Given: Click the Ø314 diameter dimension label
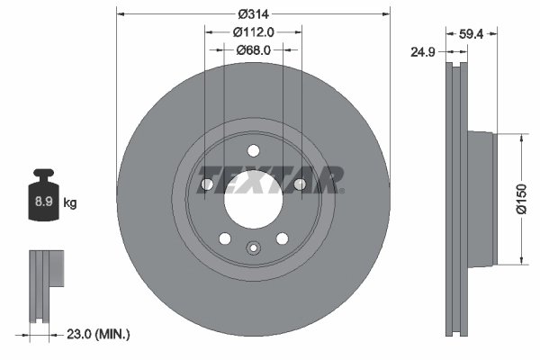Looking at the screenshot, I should (253, 14).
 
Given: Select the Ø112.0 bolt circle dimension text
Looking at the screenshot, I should (253, 31).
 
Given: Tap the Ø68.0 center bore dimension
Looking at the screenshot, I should (253, 49).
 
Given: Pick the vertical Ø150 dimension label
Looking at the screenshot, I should (520, 200).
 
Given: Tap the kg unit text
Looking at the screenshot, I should (70, 203).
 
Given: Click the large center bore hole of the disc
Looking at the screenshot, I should (253, 197).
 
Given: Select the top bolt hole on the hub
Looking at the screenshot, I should (253, 150).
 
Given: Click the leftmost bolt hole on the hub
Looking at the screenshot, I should (206, 184).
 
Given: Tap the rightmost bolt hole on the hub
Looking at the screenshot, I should (300, 184).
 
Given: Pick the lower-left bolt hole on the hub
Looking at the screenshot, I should (224, 238).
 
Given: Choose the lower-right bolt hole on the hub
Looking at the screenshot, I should (282, 238).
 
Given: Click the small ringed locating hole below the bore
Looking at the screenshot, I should (253, 249).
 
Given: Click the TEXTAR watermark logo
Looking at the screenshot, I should (270, 179).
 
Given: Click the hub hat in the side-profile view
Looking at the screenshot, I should (482, 200).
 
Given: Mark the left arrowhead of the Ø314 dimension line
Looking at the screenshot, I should (121, 14).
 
